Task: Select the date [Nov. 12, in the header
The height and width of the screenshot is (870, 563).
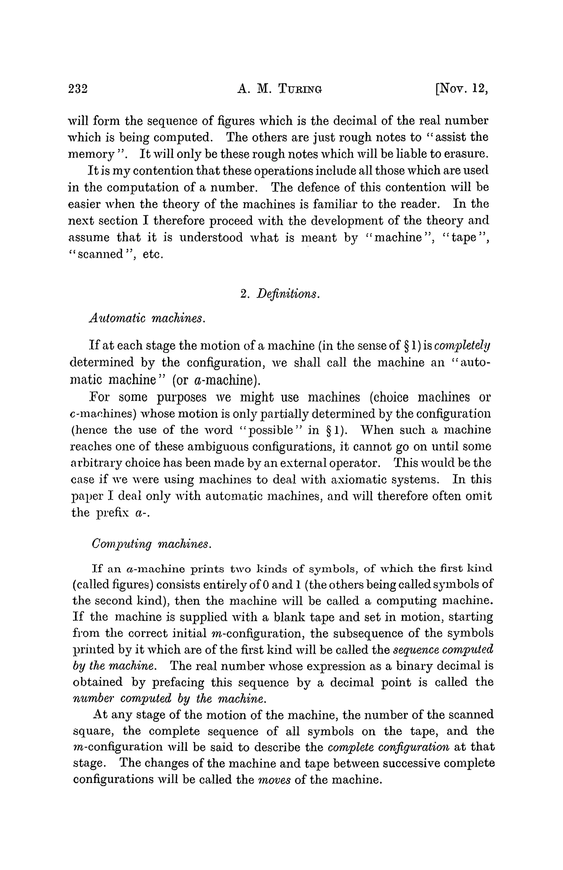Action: (x=461, y=89)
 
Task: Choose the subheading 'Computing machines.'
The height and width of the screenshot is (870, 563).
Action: (x=151, y=544)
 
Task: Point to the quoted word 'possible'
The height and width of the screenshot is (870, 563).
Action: (x=271, y=430)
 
